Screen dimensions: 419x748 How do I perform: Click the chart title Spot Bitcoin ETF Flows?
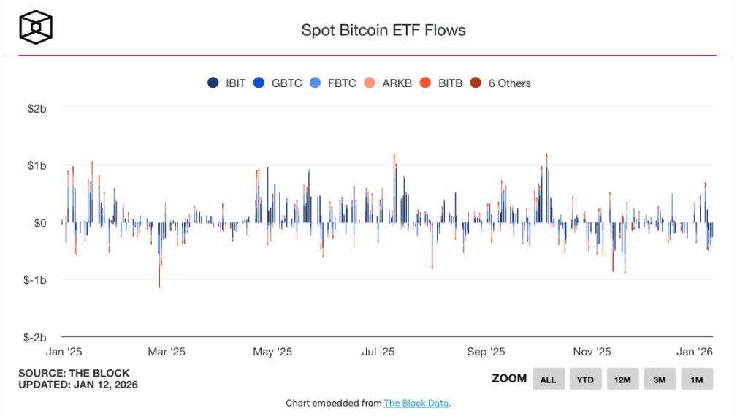pos(383,30)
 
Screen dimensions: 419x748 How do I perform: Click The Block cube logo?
pos(36,28)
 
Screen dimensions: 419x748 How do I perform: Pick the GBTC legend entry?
pos(279,83)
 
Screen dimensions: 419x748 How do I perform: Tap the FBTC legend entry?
pos(334,83)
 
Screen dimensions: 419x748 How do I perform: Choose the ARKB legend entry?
pos(389,83)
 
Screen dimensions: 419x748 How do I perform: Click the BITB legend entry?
pos(442,83)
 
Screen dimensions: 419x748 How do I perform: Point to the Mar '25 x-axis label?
pos(167,352)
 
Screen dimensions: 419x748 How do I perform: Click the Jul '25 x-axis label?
pos(378,352)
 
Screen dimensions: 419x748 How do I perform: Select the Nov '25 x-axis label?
pos(592,352)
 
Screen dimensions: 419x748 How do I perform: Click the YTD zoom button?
pos(585,380)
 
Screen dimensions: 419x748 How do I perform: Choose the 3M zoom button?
pos(660,380)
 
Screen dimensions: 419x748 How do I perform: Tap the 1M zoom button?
pos(697,380)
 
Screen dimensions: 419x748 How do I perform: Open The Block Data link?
pos(416,403)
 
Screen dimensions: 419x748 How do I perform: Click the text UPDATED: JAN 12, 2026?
pos(78,385)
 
